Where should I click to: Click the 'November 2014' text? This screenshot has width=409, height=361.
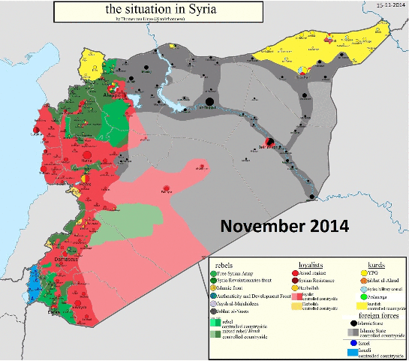(x=284, y=225)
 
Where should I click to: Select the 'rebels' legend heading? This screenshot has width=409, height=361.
(x=224, y=264)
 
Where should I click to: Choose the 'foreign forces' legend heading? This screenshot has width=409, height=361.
(x=376, y=317)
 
